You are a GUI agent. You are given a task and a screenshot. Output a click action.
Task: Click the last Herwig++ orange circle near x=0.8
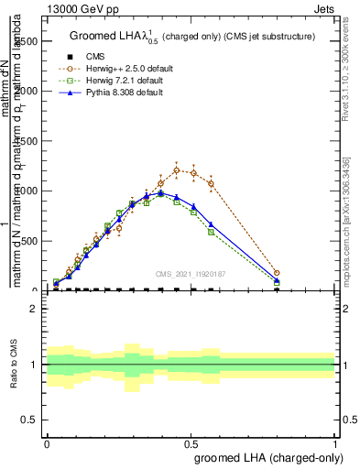coord(277,273)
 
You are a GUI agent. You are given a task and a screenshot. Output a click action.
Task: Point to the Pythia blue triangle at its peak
coord(161,192)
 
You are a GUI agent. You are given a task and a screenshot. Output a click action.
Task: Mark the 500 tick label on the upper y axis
coord(29,241)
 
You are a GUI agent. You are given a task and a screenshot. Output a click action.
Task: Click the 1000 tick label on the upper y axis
coord(27,191)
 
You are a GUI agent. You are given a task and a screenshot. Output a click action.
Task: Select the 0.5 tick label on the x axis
coord(191,442)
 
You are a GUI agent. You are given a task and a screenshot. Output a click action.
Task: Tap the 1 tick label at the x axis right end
coord(335,442)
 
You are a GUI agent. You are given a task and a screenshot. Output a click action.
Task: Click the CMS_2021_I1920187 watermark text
coord(191,272)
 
